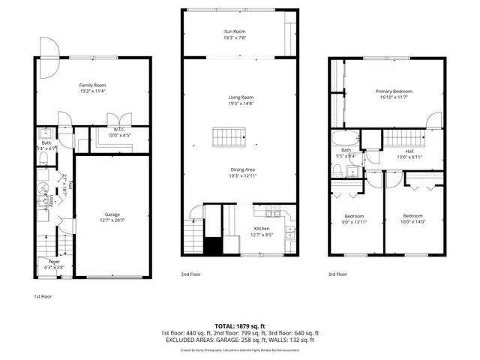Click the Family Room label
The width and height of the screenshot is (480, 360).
[90, 85]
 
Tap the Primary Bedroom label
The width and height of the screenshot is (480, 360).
[394, 91]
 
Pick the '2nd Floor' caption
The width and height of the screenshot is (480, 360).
[190, 274]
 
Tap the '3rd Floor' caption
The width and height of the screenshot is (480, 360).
[337, 274]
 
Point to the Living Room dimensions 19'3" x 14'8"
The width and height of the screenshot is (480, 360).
[241, 103]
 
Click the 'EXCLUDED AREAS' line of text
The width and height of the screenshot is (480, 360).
[240, 340]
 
